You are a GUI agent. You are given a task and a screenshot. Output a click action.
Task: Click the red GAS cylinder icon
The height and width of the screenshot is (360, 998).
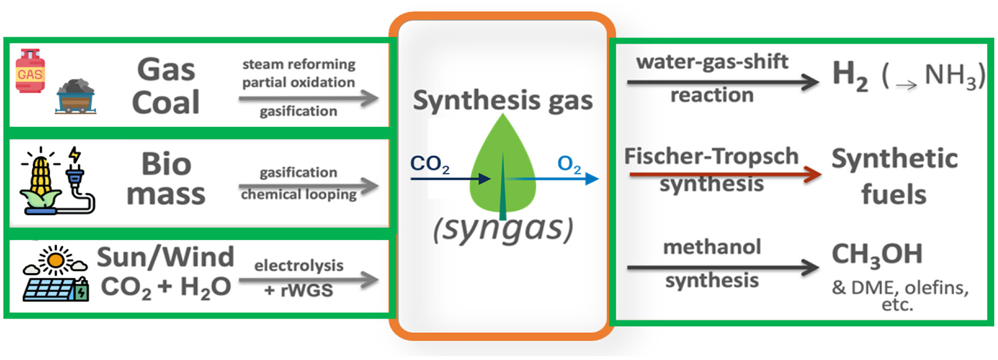point(30,71)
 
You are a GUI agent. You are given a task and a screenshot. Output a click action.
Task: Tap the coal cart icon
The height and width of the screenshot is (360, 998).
point(76,97)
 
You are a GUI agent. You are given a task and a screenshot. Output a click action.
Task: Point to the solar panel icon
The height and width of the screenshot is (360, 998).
point(54,289)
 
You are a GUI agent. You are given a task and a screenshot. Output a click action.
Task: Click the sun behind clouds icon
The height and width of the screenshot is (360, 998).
point(56,260)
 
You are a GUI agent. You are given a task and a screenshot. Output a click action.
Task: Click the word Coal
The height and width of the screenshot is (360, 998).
point(166,103)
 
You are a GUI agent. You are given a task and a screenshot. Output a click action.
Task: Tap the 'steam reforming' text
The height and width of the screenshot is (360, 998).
point(298,64)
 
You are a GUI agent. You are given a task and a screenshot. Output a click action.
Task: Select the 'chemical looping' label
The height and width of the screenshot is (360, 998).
point(298,194)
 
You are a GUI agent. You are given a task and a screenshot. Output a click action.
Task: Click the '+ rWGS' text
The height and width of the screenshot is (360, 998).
point(298,290)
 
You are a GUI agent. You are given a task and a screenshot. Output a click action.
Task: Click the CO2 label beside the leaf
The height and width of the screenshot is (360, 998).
point(430,163)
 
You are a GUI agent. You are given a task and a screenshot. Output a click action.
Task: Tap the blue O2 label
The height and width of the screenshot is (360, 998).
point(569,164)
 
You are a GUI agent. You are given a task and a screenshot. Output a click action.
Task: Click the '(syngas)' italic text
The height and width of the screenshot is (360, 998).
point(503,229)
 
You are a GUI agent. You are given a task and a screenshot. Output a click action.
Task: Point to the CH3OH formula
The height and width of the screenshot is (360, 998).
point(877,255)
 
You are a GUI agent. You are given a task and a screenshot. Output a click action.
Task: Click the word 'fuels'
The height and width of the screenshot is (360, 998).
point(893,194)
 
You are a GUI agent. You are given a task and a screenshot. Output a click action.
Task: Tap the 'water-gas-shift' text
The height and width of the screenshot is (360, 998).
point(712,61)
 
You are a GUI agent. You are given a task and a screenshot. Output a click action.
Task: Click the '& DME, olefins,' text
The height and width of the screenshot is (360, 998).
point(899,288)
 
